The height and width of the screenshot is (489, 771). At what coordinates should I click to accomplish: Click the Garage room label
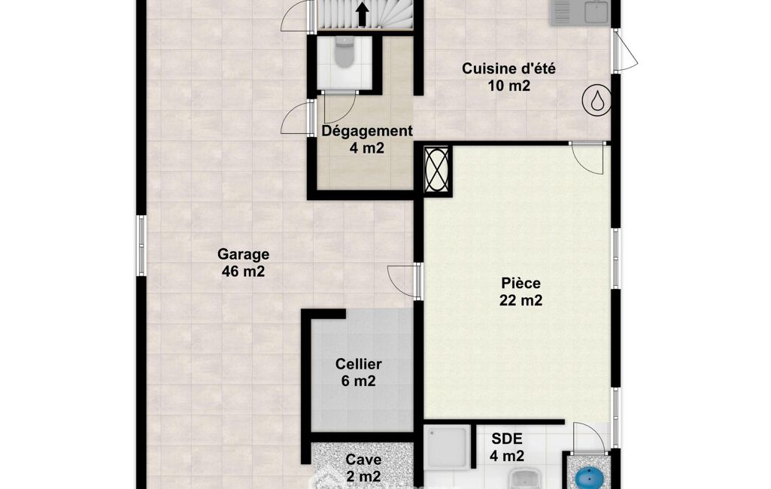[244, 254]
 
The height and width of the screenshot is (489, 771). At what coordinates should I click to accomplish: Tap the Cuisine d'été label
[509, 68]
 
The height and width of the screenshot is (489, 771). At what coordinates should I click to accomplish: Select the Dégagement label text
[367, 132]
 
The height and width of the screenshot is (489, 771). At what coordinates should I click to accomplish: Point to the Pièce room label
[521, 284]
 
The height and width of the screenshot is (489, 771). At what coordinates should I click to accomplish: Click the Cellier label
[359, 364]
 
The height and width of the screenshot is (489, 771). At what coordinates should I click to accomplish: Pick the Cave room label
[363, 460]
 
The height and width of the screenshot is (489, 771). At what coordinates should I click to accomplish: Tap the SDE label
[507, 439]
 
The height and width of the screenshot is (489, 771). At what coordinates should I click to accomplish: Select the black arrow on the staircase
[363, 14]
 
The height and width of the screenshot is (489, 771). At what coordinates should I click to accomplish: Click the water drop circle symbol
[597, 100]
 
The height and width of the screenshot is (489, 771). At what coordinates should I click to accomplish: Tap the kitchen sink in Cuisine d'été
[579, 12]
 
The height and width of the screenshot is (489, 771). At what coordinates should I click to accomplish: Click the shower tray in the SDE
[447, 447]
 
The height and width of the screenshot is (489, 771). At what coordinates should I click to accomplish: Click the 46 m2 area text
[244, 271]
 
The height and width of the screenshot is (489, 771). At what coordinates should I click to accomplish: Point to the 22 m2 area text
[521, 300]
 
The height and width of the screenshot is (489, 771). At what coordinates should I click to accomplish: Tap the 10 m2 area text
[509, 86]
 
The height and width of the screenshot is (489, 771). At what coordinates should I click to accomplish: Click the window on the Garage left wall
[141, 245]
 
